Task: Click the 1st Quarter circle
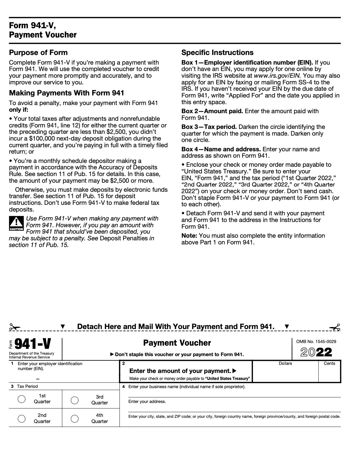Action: point(22,399)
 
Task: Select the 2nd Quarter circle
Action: point(22,418)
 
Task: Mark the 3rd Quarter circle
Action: point(75,400)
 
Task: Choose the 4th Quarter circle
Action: point(75,418)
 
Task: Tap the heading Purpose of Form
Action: point(38,53)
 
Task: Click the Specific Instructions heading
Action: point(217,53)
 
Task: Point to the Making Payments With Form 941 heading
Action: point(67,93)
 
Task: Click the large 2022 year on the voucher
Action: point(316,352)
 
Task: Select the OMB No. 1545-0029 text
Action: point(316,342)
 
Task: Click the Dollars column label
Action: point(285,363)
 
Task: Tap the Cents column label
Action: point(329,363)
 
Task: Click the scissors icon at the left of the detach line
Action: point(15,327)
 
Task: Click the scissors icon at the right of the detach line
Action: point(335,327)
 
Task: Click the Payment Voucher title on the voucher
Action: point(177,343)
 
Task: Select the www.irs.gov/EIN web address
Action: point(277,76)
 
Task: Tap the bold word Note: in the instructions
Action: point(189,236)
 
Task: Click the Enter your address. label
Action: point(147,401)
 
